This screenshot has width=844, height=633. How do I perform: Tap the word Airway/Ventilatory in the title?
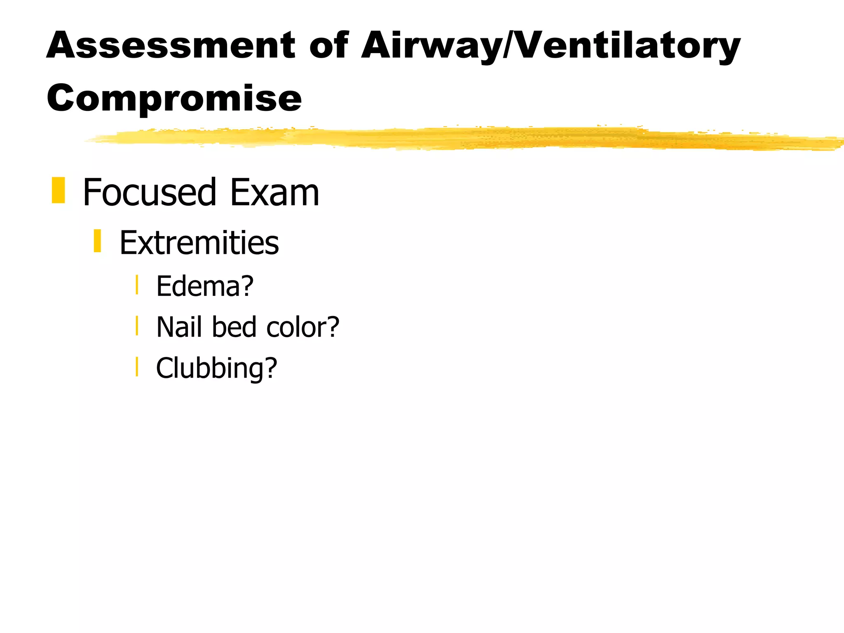(551, 46)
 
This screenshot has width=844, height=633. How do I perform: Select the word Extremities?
(199, 243)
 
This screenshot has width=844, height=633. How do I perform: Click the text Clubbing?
(216, 368)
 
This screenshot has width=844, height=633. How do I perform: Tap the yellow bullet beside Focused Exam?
(59, 190)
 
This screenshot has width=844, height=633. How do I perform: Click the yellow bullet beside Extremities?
(97, 241)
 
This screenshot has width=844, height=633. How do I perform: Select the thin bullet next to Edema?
(137, 285)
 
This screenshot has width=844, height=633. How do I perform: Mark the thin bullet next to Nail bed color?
(137, 326)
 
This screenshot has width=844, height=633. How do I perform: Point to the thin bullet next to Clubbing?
(137, 366)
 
